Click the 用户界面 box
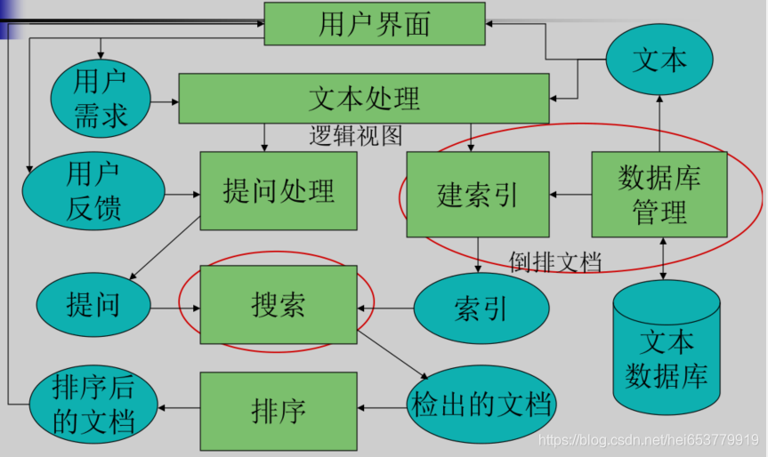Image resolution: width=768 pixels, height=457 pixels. (x=374, y=24)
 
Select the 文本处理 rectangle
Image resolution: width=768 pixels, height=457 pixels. (x=363, y=98)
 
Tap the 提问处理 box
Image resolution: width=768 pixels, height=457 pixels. (x=279, y=190)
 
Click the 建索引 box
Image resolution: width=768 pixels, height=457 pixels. (x=478, y=194)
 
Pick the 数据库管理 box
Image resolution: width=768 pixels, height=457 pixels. (x=659, y=194)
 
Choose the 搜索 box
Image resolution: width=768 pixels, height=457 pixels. (x=279, y=305)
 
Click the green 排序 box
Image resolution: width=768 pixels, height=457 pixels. (x=279, y=410)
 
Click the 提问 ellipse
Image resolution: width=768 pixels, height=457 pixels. (x=93, y=305)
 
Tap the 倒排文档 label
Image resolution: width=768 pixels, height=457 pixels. (x=555, y=261)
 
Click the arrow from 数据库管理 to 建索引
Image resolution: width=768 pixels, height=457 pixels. (x=570, y=194)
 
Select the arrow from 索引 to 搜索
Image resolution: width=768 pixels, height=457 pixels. (x=386, y=309)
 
